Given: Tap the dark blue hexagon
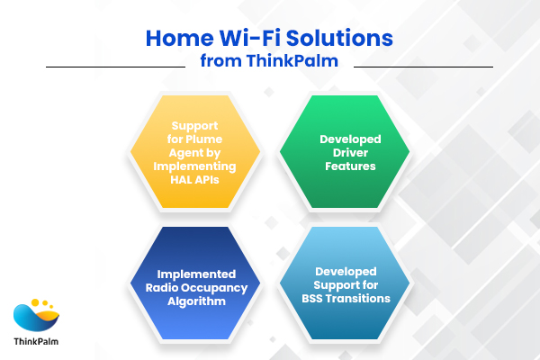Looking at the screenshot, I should (195, 282).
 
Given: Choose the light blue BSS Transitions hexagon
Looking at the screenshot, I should (345, 282).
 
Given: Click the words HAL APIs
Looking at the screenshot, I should (195, 179).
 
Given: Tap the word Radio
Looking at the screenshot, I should (169, 288).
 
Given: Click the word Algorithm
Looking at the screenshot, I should (195, 301).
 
